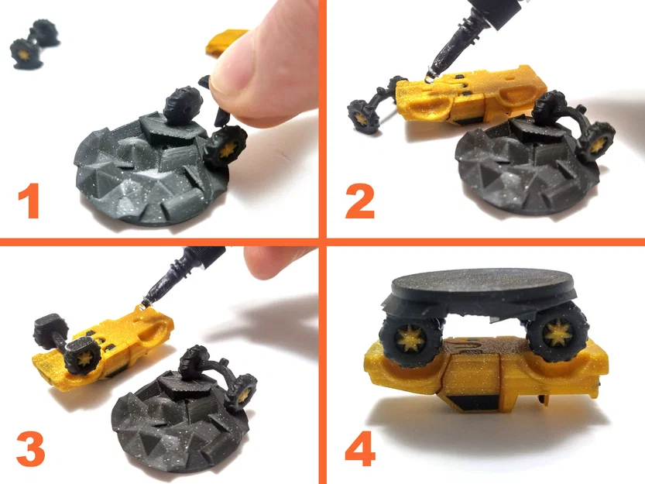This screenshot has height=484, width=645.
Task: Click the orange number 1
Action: [29, 201]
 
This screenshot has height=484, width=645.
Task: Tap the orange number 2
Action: [360, 201]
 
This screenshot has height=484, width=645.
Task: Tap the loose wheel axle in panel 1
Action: [35, 43]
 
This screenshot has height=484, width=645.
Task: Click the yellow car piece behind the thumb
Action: [225, 41]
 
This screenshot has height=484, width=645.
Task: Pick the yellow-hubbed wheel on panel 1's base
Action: [225, 146]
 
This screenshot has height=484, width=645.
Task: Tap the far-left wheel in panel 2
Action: [363, 117]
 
